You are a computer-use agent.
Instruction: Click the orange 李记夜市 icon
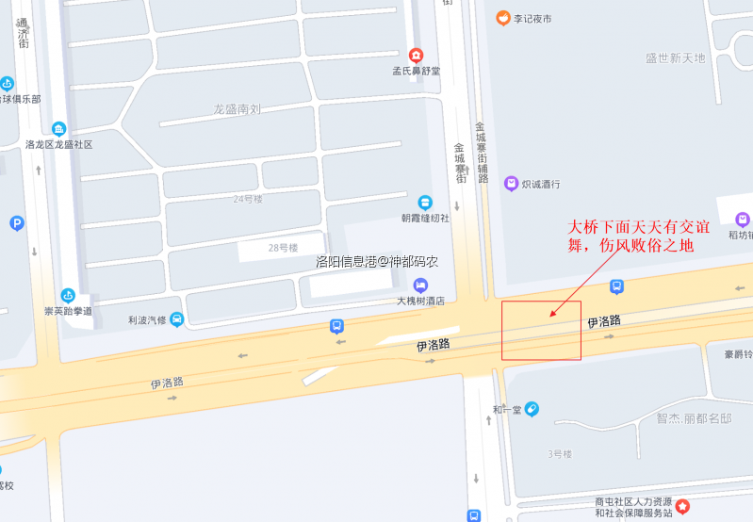[503, 17]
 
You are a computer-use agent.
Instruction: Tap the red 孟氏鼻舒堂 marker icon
[417, 56]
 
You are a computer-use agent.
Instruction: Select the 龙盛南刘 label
[237, 109]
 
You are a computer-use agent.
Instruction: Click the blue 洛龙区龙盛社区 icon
[58, 129]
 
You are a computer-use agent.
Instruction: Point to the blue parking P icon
[16, 223]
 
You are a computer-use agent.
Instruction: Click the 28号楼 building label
[282, 248]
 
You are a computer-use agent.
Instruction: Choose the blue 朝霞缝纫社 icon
[425, 203]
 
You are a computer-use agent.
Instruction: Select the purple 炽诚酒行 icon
[511, 184]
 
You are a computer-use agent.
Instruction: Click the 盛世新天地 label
[675, 58]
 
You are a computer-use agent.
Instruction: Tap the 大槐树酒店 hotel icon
[420, 285]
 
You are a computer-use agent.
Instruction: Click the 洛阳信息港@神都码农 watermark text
[377, 261]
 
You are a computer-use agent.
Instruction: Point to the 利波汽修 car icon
[177, 319]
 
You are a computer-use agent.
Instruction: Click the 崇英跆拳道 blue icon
[68, 296]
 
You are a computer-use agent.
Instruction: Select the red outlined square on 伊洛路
[541, 331]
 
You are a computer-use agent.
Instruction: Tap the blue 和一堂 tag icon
[532, 409]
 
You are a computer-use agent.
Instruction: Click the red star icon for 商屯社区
[683, 507]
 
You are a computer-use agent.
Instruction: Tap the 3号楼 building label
[560, 454]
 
